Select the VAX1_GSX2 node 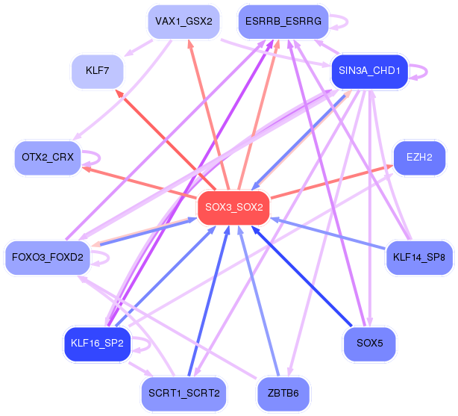[x=183, y=22]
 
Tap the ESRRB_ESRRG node [x=283, y=22]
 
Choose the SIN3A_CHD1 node [x=369, y=72]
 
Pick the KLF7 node [x=97, y=72]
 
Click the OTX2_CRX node [x=48, y=158]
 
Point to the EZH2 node [x=419, y=158]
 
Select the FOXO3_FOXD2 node [x=48, y=258]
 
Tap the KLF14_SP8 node [x=419, y=258]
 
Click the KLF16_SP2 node [x=97, y=344]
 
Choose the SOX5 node [x=369, y=344]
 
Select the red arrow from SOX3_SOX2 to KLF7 [x=164, y=138]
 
